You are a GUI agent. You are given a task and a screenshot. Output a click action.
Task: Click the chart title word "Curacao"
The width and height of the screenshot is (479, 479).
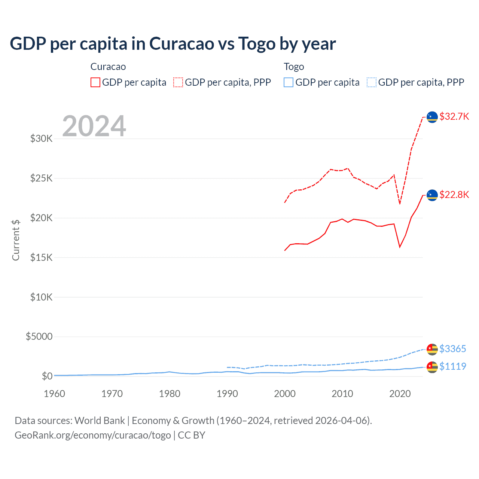(x=181, y=44)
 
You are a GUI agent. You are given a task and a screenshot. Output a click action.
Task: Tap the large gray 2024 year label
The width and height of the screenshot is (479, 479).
(x=94, y=126)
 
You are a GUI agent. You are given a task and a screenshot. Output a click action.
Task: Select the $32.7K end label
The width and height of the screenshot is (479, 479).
(x=454, y=116)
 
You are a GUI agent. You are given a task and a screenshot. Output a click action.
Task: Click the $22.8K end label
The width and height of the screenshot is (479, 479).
(x=454, y=195)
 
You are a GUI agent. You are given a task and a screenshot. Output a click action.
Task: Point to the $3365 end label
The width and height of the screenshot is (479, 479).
(x=452, y=349)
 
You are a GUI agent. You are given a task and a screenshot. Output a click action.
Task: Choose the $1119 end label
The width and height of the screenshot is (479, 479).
(x=452, y=366)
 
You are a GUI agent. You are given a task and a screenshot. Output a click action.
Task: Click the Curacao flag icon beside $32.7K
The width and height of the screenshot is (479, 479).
(x=432, y=117)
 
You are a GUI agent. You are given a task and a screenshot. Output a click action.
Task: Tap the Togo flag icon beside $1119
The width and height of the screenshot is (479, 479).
(x=432, y=367)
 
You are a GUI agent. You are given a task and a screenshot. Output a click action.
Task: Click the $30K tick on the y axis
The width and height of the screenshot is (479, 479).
(x=41, y=139)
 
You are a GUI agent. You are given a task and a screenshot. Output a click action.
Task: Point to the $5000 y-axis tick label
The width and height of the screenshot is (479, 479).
(x=39, y=336)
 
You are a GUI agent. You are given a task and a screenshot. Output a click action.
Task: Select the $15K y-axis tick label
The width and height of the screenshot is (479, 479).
(x=41, y=257)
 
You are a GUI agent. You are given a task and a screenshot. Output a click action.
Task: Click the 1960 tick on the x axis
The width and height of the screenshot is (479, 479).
(x=55, y=394)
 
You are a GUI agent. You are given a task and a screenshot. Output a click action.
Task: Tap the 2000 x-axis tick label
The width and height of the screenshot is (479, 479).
(x=285, y=394)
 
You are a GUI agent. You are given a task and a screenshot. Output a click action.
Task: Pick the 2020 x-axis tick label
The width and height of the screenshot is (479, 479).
(x=400, y=394)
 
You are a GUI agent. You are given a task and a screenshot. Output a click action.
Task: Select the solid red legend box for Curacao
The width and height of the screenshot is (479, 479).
(x=95, y=82)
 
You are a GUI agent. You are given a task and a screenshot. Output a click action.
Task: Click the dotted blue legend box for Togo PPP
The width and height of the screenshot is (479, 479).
(x=372, y=82)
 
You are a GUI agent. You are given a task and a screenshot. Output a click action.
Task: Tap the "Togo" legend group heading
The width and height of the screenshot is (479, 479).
(x=294, y=67)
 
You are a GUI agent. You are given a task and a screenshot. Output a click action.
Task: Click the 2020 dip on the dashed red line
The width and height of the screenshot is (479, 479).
(x=400, y=204)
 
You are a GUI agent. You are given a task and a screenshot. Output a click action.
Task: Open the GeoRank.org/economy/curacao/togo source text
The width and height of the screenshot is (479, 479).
(x=93, y=435)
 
